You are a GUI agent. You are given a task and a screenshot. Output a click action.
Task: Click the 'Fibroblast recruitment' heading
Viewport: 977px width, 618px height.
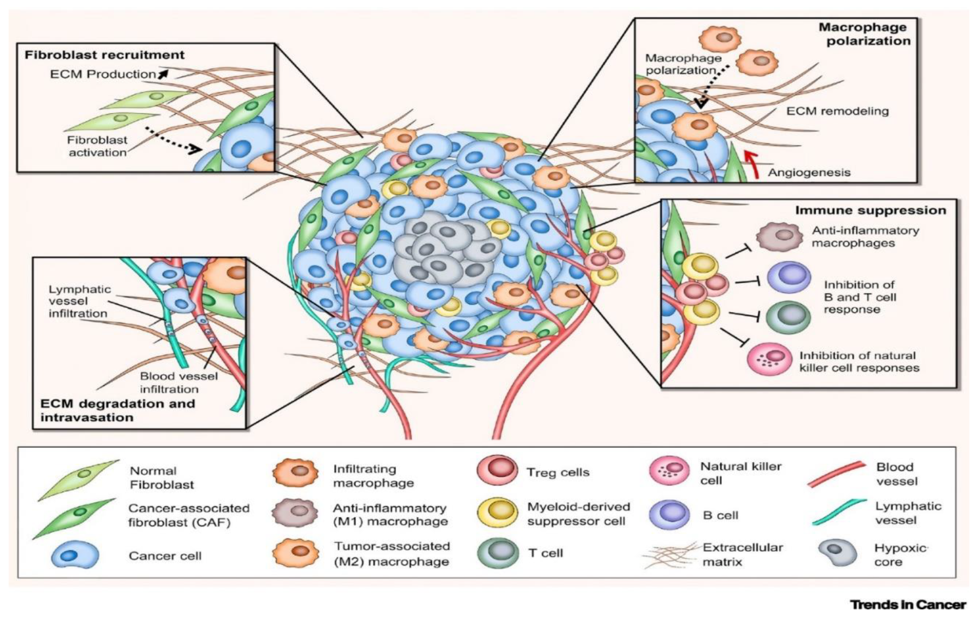click(x=105, y=55)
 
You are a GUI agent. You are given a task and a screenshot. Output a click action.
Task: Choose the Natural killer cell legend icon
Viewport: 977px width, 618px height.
click(x=670, y=471)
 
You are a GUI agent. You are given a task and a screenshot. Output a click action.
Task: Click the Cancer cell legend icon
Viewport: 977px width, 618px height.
click(x=75, y=555)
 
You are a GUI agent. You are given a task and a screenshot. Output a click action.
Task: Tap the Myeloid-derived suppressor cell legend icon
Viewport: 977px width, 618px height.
click(x=497, y=513)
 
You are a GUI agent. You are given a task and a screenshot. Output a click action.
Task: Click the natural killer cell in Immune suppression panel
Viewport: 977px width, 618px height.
click(x=770, y=359)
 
